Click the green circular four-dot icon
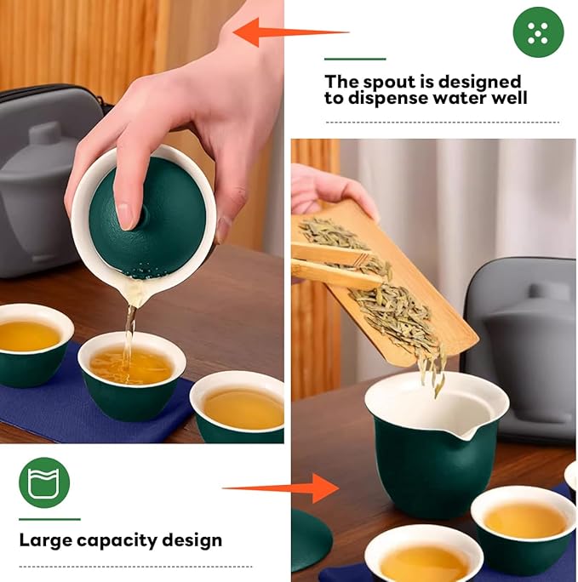(x=538, y=32)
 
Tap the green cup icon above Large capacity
(x=44, y=482)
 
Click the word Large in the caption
(x=46, y=539)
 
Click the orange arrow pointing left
(x=289, y=32)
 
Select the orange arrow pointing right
(x=281, y=488)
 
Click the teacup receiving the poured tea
(x=132, y=374)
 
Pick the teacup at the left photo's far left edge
(x=30, y=345)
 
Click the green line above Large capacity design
(x=49, y=519)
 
